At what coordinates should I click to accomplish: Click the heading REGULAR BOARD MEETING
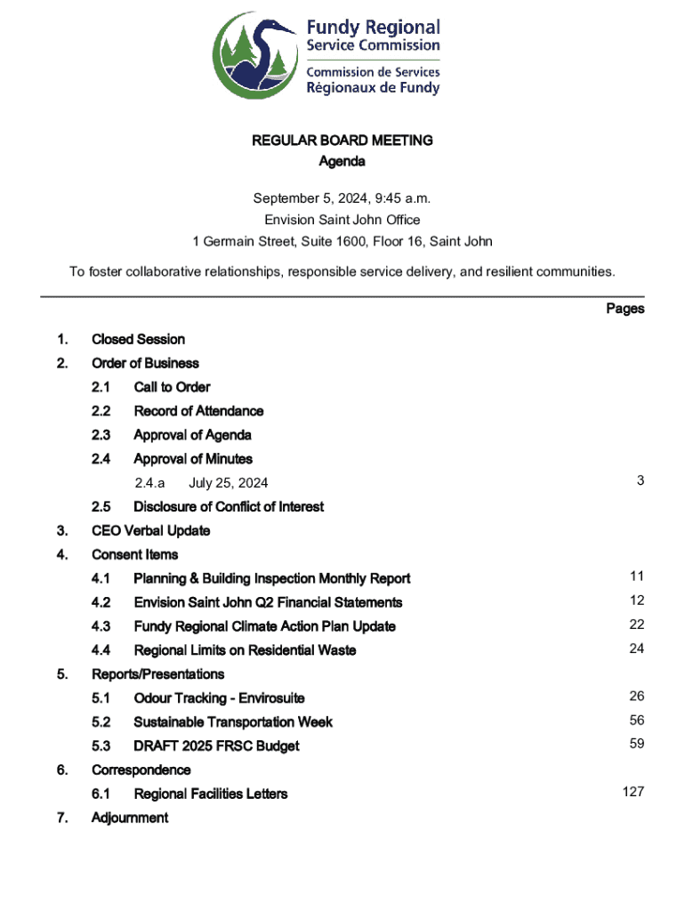pyautogui.click(x=342, y=141)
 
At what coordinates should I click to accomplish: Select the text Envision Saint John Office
pyautogui.click(x=342, y=219)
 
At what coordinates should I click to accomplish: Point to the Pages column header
pyautogui.click(x=625, y=309)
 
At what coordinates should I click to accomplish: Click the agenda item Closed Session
pyautogui.click(x=138, y=339)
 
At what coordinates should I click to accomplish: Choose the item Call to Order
pyautogui.click(x=172, y=387)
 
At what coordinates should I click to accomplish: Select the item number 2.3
pyautogui.click(x=101, y=435)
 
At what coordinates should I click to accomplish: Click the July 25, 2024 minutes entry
pyautogui.click(x=228, y=483)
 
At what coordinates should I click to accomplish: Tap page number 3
pyautogui.click(x=640, y=480)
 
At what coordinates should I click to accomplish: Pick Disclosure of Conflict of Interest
pyautogui.click(x=229, y=506)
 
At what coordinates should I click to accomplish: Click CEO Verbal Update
pyautogui.click(x=150, y=530)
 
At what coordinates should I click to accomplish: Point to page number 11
pyautogui.click(x=636, y=576)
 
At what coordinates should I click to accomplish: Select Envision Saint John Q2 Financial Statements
pyautogui.click(x=268, y=602)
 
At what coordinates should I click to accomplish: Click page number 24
pyautogui.click(x=636, y=649)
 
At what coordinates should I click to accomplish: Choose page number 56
pyautogui.click(x=636, y=720)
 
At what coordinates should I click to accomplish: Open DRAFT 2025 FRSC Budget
pyautogui.click(x=216, y=746)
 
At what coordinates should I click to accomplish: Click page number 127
pyautogui.click(x=633, y=792)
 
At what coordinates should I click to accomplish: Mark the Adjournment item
pyautogui.click(x=129, y=818)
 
